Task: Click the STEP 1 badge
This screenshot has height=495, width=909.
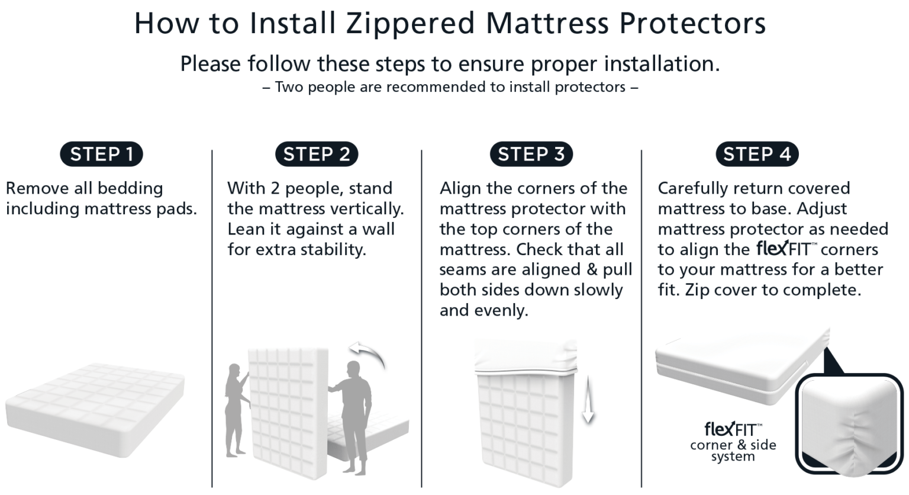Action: coord(101,155)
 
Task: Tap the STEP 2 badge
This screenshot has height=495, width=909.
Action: coord(317,155)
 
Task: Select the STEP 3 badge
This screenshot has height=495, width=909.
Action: coord(531,155)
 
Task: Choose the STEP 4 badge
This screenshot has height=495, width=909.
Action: coord(757,155)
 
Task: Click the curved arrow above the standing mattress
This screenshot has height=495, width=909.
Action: coord(368,355)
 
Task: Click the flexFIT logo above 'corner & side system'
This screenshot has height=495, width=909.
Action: coord(733,427)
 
